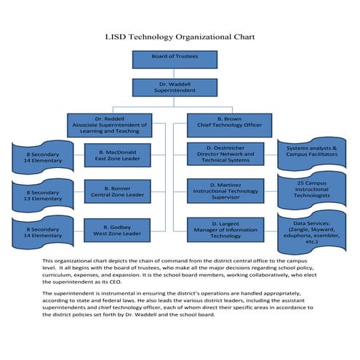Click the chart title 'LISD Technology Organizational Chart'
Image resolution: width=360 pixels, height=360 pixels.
point(180,36)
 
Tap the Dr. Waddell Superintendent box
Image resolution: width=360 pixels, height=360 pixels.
point(174,88)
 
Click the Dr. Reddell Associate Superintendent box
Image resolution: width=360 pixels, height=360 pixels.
point(110,125)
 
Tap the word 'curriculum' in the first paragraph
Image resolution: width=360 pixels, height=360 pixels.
point(57,277)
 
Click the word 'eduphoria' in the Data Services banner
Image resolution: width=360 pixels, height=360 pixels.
point(300,236)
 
